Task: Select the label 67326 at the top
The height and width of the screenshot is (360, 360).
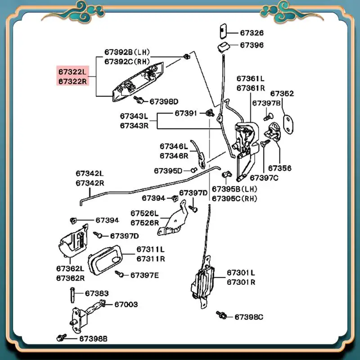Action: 252,33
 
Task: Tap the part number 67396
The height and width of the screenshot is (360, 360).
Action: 252,45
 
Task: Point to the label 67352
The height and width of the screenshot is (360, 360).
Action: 282,94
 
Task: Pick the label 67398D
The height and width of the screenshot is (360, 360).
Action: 164,101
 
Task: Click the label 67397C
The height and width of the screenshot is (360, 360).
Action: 264,177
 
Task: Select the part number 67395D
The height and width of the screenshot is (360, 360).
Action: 168,171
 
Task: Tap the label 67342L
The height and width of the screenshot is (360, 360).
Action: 90,173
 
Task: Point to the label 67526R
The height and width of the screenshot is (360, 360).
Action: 145,222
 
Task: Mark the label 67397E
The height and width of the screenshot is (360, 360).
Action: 144,274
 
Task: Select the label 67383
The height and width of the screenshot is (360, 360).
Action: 97,293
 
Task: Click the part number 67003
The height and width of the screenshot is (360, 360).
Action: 126,304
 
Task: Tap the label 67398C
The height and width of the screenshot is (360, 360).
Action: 248,317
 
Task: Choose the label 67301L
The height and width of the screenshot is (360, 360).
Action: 241,272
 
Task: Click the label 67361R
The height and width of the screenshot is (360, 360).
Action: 250,87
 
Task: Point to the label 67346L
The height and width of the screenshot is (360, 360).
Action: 174,146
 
